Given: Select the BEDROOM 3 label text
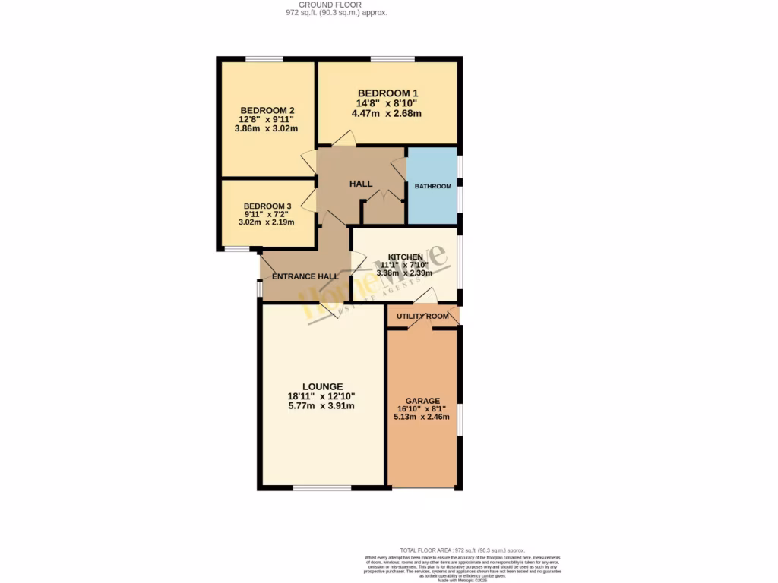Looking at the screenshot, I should pyautogui.click(x=267, y=206).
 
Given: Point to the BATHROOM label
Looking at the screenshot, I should pyautogui.click(x=432, y=186).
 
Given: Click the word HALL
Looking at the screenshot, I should pyautogui.click(x=361, y=184).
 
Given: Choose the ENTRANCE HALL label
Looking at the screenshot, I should pyautogui.click(x=305, y=276).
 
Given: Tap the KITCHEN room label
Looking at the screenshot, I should pyautogui.click(x=405, y=257).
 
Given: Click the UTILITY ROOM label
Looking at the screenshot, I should pyautogui.click(x=422, y=316).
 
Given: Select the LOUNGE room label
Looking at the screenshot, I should pyautogui.click(x=321, y=386).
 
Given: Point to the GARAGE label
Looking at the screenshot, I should pyautogui.click(x=422, y=401).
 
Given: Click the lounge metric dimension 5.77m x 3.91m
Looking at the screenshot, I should pyautogui.click(x=321, y=406).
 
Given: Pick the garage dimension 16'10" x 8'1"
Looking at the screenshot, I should pyautogui.click(x=422, y=408).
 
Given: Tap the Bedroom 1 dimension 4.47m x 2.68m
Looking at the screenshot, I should pyautogui.click(x=387, y=114).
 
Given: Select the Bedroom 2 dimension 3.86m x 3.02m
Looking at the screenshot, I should pyautogui.click(x=266, y=128).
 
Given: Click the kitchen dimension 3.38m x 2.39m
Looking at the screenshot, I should pyautogui.click(x=405, y=273).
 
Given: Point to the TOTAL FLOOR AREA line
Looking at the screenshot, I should pyautogui.click(x=462, y=550).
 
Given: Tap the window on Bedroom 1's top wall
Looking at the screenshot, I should pyautogui.click(x=392, y=58).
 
